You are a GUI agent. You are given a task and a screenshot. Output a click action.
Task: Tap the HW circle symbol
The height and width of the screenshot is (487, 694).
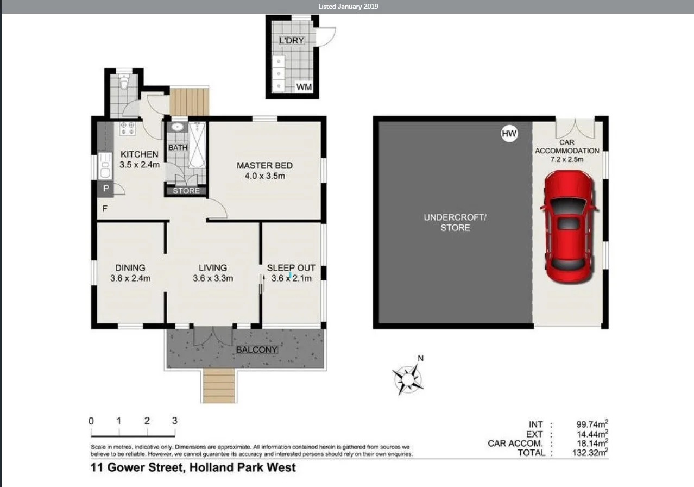509,133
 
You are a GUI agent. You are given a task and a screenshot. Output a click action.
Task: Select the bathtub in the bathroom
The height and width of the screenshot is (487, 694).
197,145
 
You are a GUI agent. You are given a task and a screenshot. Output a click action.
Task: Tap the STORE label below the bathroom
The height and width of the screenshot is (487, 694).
186,191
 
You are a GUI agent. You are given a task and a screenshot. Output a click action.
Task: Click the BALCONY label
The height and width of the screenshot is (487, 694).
256,349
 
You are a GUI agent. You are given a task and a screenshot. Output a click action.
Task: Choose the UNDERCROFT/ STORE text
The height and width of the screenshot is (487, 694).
455,222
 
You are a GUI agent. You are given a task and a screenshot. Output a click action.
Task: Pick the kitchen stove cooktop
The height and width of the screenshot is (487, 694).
128,128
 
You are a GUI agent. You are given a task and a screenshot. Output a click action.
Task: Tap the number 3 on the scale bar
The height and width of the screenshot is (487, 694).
174,421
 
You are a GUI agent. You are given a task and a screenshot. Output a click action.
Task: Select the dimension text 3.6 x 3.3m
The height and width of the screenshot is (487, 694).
213,278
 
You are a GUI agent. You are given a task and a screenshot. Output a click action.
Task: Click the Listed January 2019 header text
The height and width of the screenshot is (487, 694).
348,7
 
